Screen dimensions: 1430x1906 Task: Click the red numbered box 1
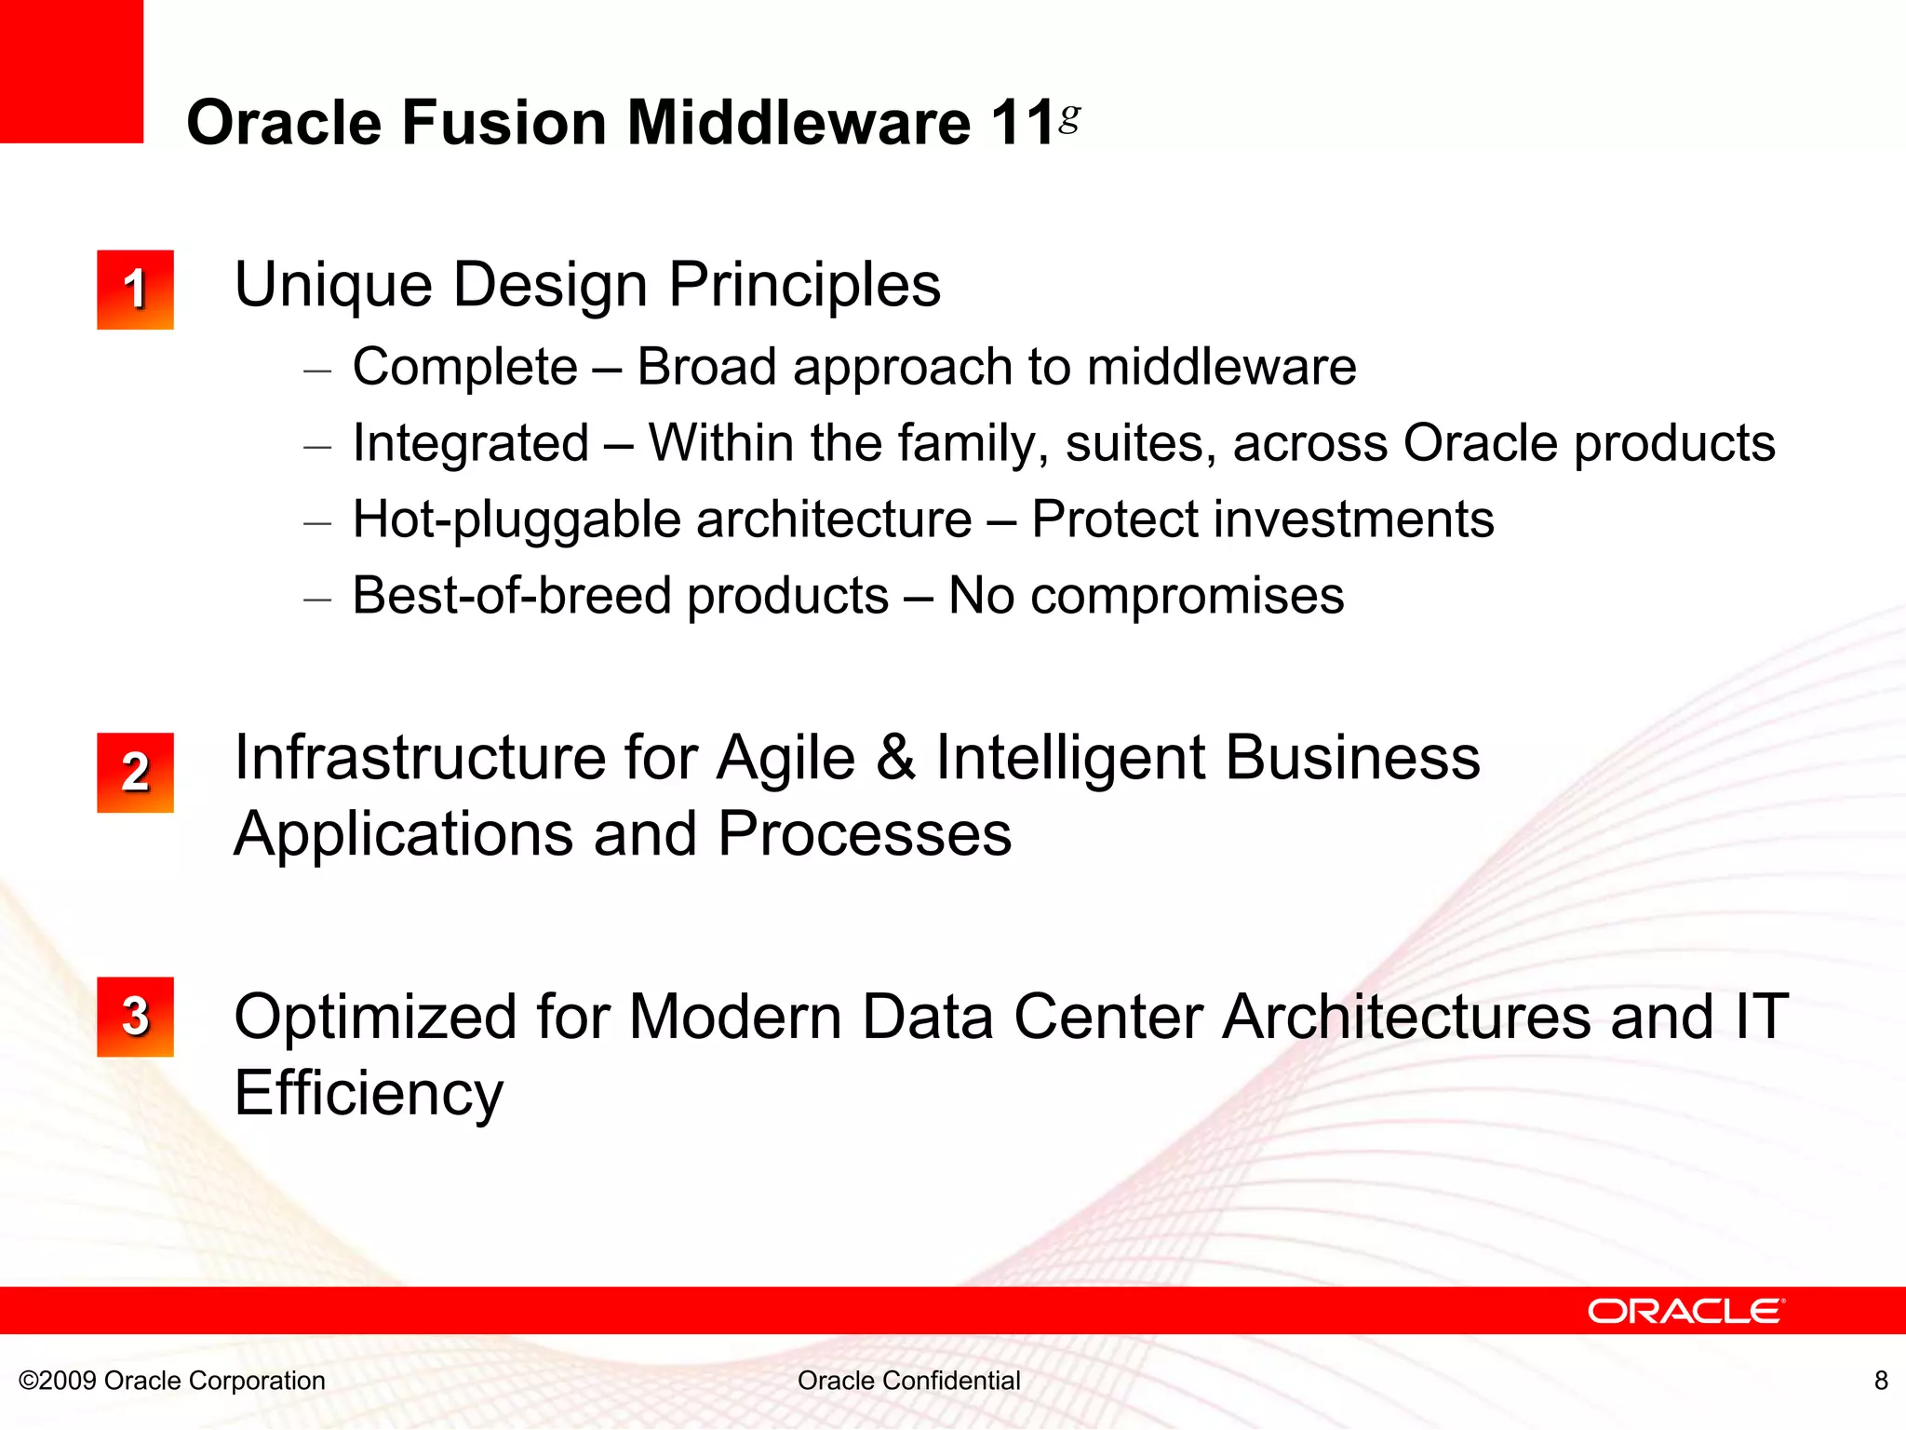click(135, 290)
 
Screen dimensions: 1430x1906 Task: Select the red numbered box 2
click(135, 772)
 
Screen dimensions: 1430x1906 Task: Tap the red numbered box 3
click(135, 1016)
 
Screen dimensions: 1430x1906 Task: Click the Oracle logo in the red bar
click(1685, 1311)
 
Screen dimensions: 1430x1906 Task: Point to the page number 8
click(1881, 1380)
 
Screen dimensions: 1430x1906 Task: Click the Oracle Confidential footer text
click(908, 1380)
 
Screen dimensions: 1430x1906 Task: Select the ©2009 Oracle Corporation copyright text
click(172, 1380)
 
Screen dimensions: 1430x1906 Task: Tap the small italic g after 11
click(1070, 116)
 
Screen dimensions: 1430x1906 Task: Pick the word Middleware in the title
click(799, 123)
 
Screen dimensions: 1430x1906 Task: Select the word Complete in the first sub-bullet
click(465, 367)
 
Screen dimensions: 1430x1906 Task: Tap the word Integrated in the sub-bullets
click(471, 443)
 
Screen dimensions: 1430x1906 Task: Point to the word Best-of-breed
click(512, 596)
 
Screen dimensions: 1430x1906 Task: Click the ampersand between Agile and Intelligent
click(895, 758)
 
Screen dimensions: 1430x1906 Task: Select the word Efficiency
click(369, 1093)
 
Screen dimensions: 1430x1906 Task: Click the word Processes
click(865, 834)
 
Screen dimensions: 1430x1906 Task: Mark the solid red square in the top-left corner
click(71, 71)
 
